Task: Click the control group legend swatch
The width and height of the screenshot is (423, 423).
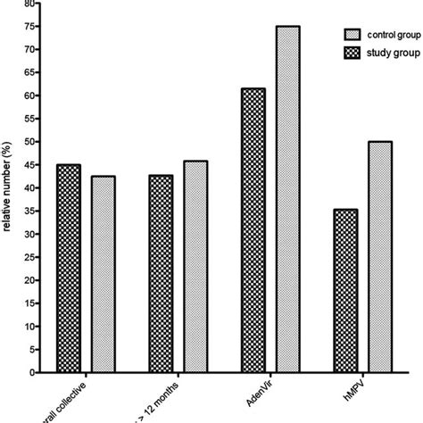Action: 352,33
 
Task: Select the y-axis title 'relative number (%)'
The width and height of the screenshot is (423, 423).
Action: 7,187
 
